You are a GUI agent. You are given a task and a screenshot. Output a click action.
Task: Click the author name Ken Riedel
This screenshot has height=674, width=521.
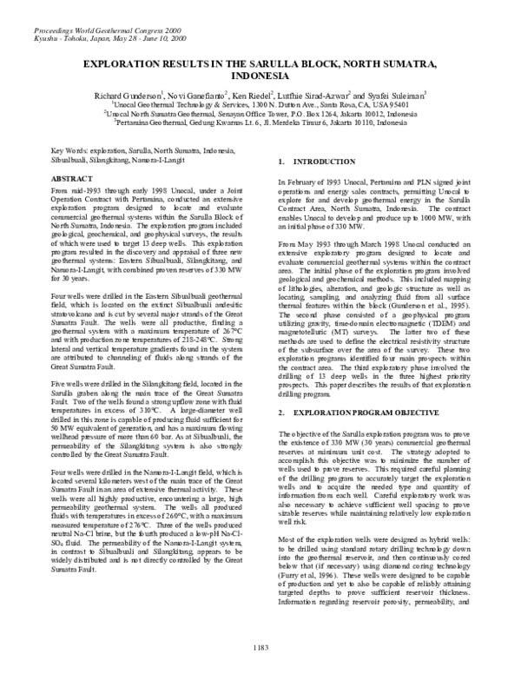254,92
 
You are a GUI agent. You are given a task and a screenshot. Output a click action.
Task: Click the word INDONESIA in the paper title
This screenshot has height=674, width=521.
260,76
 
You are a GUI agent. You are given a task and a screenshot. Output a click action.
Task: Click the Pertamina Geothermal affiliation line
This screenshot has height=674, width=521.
260,123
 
